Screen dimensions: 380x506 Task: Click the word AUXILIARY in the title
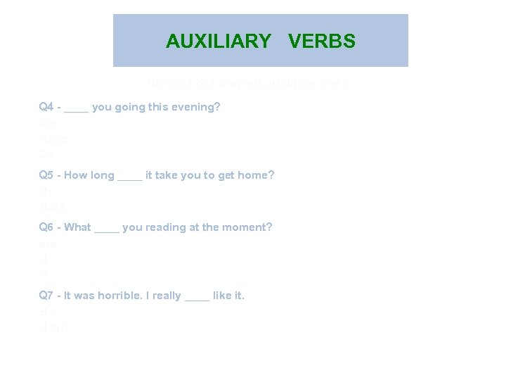point(218,41)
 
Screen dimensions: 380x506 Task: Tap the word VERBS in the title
point(322,41)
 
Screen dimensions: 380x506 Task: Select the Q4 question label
point(47,107)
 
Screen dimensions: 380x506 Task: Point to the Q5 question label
point(47,175)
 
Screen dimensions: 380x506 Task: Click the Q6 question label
point(47,227)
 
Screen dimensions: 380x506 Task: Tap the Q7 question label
point(47,296)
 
